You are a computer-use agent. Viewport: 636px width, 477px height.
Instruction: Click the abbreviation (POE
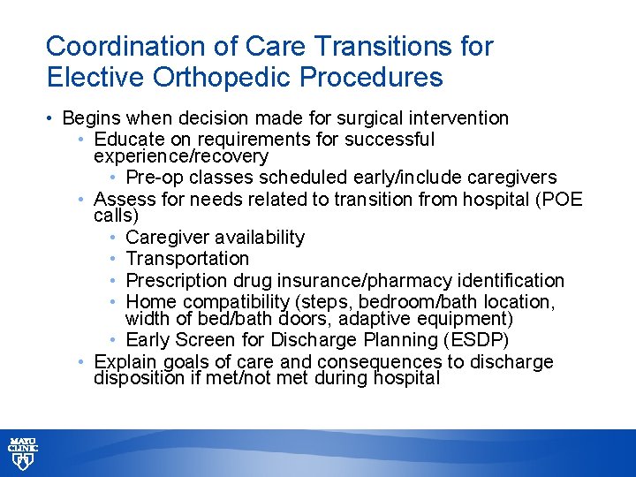tap(559, 200)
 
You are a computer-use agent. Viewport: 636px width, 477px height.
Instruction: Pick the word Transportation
tap(187, 259)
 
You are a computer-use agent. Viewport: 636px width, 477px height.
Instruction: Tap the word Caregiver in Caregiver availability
tap(166, 238)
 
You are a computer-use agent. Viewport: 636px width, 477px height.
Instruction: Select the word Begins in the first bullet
tap(93, 118)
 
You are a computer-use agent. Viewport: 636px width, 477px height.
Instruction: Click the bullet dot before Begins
tap(51, 118)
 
